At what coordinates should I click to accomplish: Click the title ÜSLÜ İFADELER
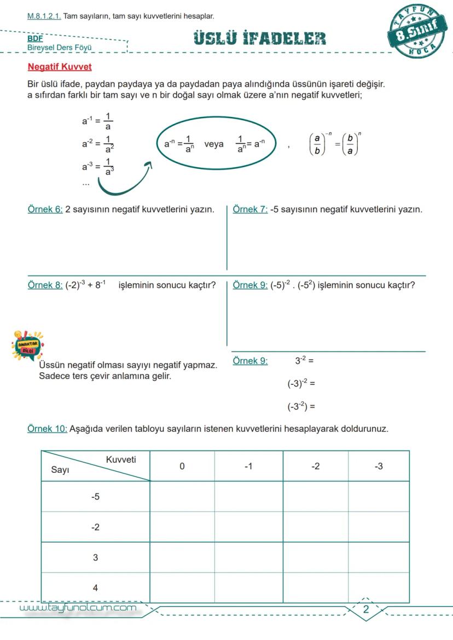tap(260, 38)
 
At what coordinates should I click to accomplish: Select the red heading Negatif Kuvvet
tap(60, 67)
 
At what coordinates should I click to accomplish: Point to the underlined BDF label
tap(35, 39)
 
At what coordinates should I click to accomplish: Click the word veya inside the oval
tap(214, 144)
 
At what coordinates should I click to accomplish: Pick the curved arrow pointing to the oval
tap(123, 180)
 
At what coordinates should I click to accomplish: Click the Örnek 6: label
tap(45, 209)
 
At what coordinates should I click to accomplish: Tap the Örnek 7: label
tap(250, 209)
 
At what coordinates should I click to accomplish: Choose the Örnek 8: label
tap(45, 285)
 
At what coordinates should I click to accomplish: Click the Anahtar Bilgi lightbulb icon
tap(27, 345)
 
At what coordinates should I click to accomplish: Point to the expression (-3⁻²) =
tap(301, 407)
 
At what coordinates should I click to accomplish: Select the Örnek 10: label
tap(47, 429)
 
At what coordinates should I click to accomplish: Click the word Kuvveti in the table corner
tap(120, 460)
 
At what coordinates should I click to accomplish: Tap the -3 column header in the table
tap(379, 466)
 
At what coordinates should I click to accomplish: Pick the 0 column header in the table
tap(182, 466)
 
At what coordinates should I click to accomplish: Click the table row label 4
tap(95, 588)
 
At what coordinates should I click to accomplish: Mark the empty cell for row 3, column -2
tap(315, 557)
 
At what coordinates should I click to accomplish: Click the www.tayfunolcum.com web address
tap(78, 608)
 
